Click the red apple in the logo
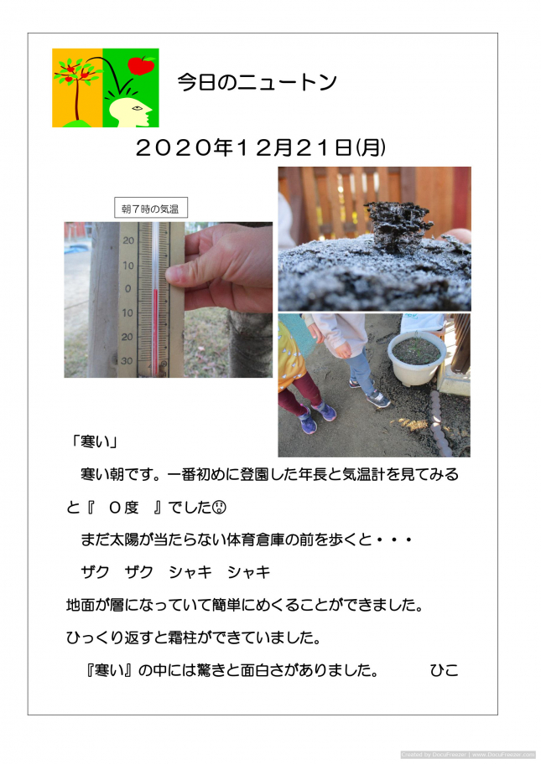pyautogui.click(x=141, y=65)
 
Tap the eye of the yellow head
pyautogui.click(x=137, y=108)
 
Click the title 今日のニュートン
pyautogui.click(x=257, y=82)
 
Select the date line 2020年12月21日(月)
pyautogui.click(x=261, y=147)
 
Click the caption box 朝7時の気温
pyautogui.click(x=151, y=208)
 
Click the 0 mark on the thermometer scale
pyautogui.click(x=128, y=289)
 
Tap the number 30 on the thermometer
pyautogui.click(x=127, y=360)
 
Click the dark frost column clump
pyautogui.click(x=398, y=225)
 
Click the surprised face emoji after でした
pyautogui.click(x=220, y=507)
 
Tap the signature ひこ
pyautogui.click(x=444, y=670)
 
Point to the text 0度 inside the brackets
pyautogui.click(x=124, y=507)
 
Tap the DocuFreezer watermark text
pyautogui.click(x=468, y=755)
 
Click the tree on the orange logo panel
pyautogui.click(x=76, y=88)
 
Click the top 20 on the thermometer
pyautogui.click(x=128, y=240)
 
